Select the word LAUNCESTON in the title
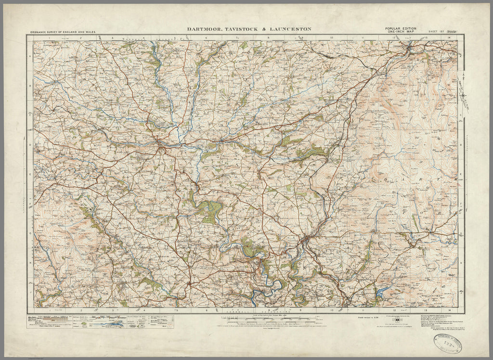291,29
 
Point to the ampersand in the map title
264,29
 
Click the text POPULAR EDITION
401,29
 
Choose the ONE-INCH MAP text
401,32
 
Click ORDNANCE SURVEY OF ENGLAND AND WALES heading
63,32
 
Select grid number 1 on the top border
49,37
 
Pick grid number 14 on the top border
448,37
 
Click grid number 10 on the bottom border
332,310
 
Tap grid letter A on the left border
31,57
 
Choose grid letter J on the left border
31,292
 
